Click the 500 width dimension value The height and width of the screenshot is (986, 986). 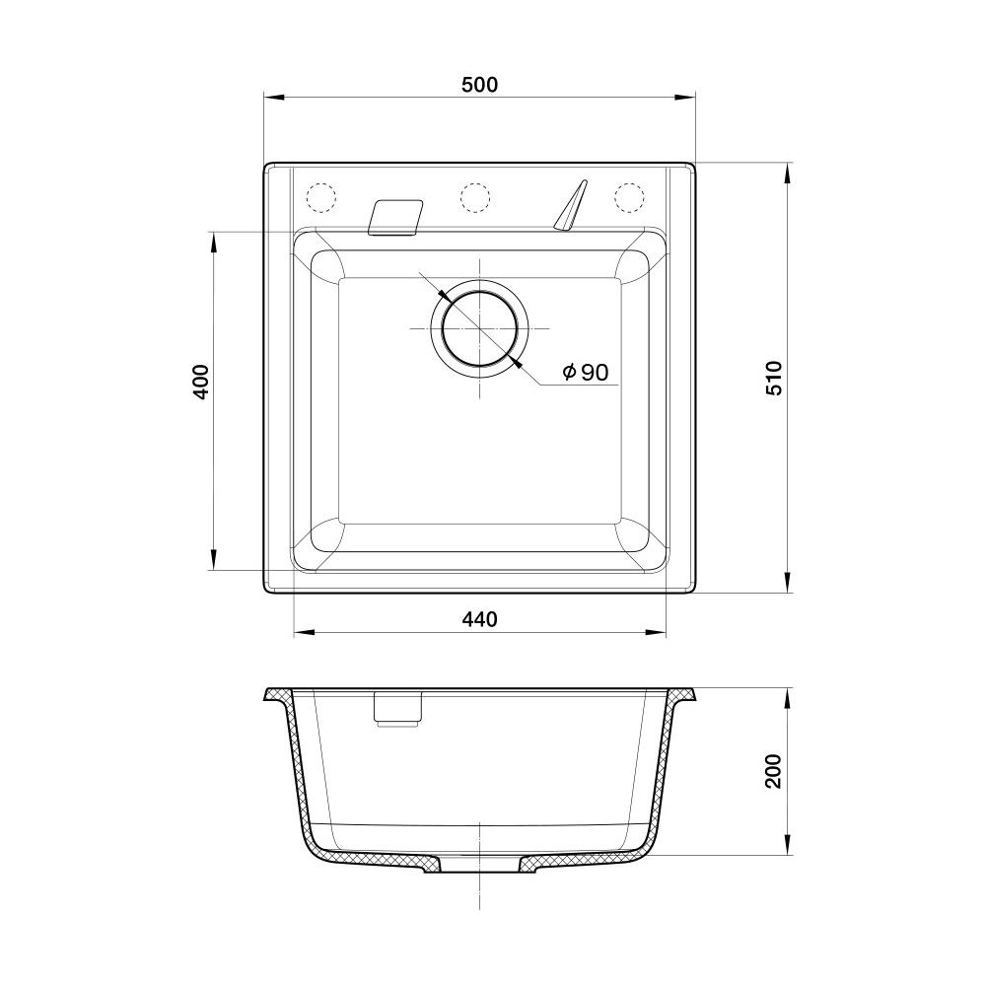[x=479, y=85]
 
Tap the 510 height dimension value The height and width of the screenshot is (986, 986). [x=775, y=378]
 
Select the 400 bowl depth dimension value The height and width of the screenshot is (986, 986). [x=200, y=382]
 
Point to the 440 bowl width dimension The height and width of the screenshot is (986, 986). [x=479, y=619]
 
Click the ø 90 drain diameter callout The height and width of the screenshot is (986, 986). [x=586, y=373]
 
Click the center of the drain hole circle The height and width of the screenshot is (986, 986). [x=480, y=328]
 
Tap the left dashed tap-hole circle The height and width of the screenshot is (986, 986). [x=320, y=197]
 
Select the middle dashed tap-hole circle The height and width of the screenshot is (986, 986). [x=475, y=197]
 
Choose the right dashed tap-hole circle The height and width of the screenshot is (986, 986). [x=629, y=197]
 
